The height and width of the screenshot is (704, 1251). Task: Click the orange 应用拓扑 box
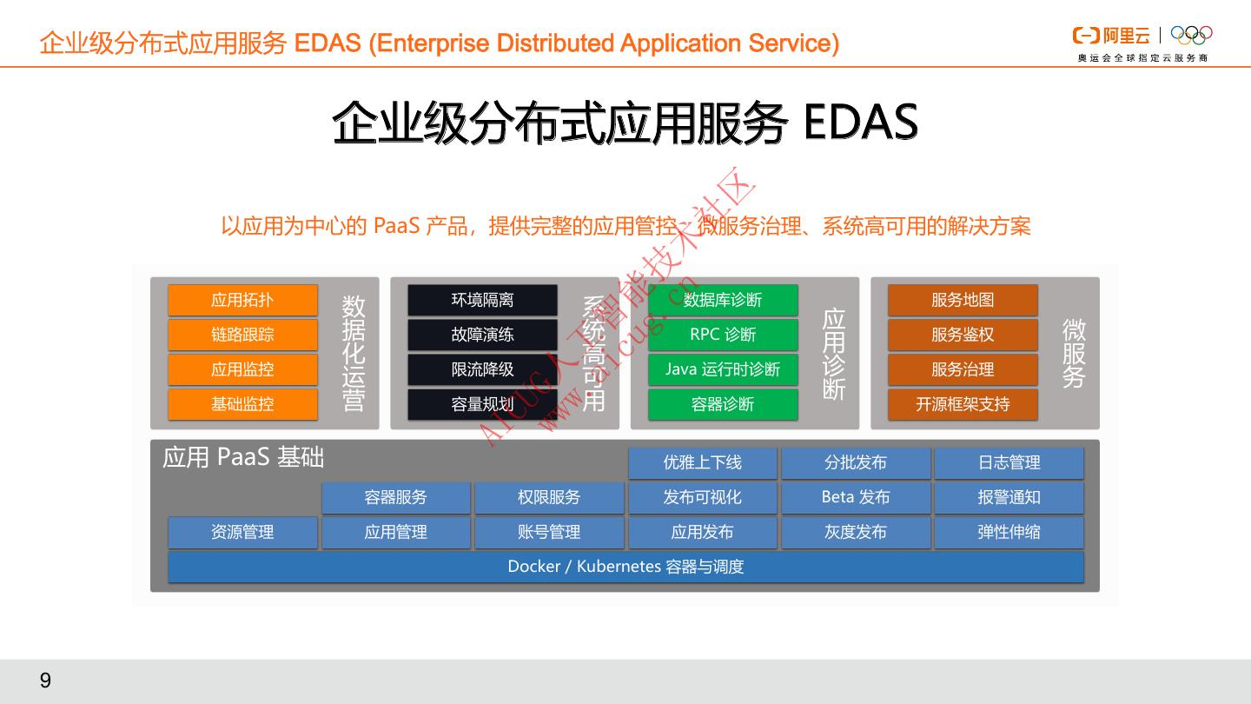(242, 300)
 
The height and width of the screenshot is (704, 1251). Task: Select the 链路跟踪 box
(242, 335)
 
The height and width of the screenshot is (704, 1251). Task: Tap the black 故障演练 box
(482, 335)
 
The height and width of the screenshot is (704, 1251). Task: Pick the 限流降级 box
(482, 369)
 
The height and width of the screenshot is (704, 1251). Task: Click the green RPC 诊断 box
(723, 335)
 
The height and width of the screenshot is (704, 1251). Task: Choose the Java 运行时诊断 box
(723, 369)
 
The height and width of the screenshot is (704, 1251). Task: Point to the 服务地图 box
(963, 300)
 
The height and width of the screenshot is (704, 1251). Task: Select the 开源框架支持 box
(963, 404)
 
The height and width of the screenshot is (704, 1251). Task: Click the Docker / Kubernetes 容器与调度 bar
(625, 567)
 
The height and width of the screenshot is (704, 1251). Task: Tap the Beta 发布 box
(856, 497)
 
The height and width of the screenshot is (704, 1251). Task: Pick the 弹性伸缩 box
(1009, 532)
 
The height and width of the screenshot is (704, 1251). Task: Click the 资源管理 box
(242, 532)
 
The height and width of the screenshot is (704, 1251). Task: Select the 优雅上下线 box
(702, 462)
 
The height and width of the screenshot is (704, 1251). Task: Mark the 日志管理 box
(1009, 462)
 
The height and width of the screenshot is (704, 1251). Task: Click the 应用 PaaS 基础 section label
(243, 457)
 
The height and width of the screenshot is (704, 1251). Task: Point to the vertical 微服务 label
(1074, 353)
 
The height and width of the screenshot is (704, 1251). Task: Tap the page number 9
(45, 680)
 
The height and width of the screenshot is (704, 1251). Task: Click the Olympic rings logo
(1191, 35)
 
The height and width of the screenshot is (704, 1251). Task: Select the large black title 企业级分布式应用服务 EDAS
(625, 123)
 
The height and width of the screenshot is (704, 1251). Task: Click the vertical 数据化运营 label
(354, 353)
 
